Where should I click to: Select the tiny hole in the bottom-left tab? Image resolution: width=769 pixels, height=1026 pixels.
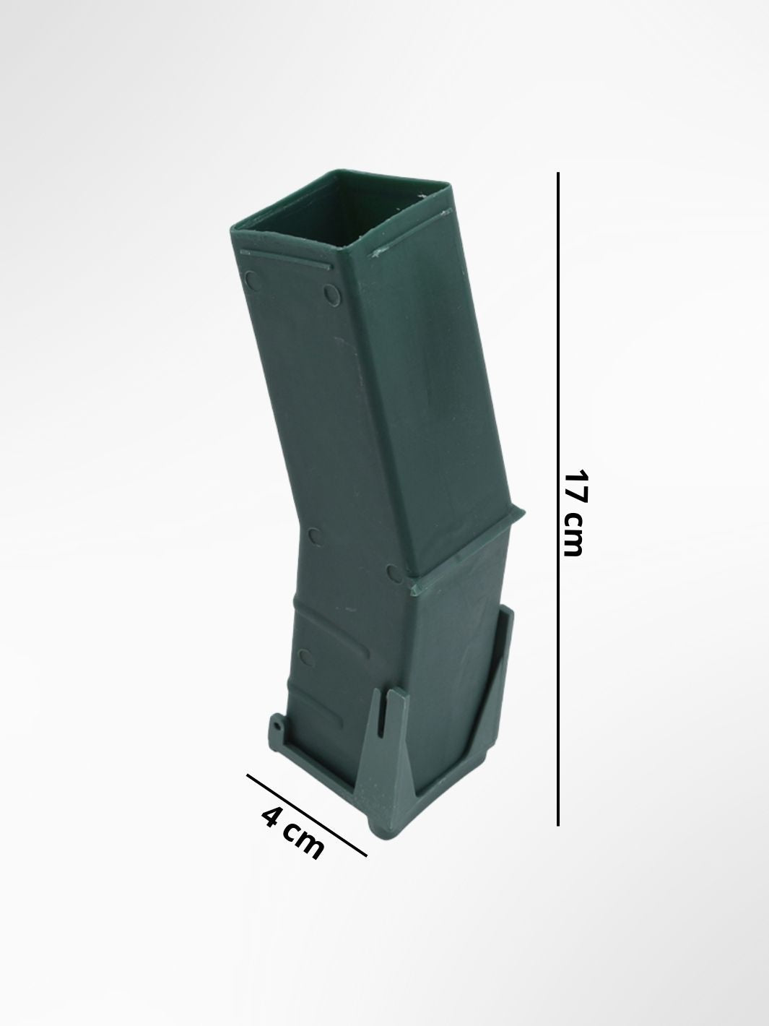[279, 739]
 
